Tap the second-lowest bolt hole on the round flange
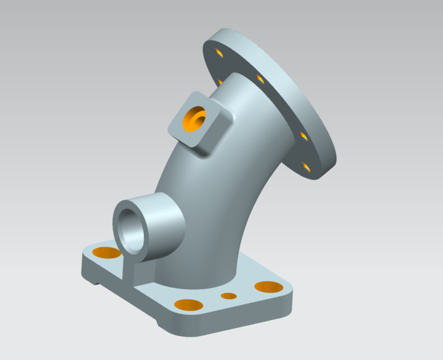pyautogui.click(x=303, y=136)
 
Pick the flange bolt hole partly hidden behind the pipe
pyautogui.click(x=220, y=82)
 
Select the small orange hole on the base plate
pyautogui.click(x=229, y=296)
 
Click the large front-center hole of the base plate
pyautogui.click(x=189, y=305)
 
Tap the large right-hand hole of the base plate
pyautogui.click(x=269, y=287)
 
